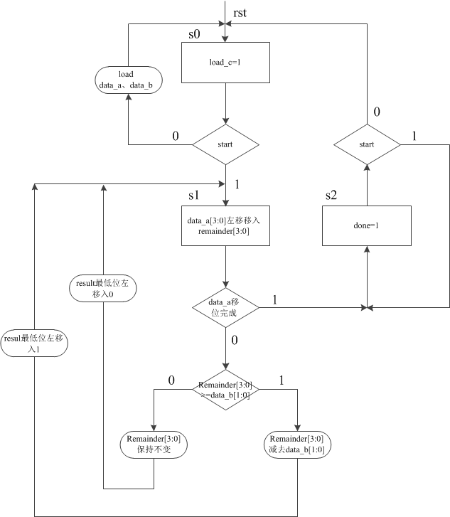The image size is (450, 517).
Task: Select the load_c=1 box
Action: [226, 62]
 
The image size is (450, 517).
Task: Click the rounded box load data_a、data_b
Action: [129, 79]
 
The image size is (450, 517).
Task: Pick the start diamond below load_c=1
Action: [226, 145]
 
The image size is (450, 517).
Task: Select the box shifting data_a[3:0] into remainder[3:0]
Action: [226, 226]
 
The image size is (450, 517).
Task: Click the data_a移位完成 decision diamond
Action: [226, 307]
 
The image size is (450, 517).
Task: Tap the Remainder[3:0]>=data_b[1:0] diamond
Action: [226, 389]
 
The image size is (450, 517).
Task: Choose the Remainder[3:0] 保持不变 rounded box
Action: [154, 444]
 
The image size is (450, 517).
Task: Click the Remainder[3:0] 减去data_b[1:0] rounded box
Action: [297, 444]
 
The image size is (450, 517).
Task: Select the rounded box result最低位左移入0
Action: [104, 287]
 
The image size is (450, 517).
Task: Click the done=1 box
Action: [367, 226]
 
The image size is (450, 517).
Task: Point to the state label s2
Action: [331, 194]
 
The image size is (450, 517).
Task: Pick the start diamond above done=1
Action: [367, 145]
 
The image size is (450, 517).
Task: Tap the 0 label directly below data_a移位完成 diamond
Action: [235, 340]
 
